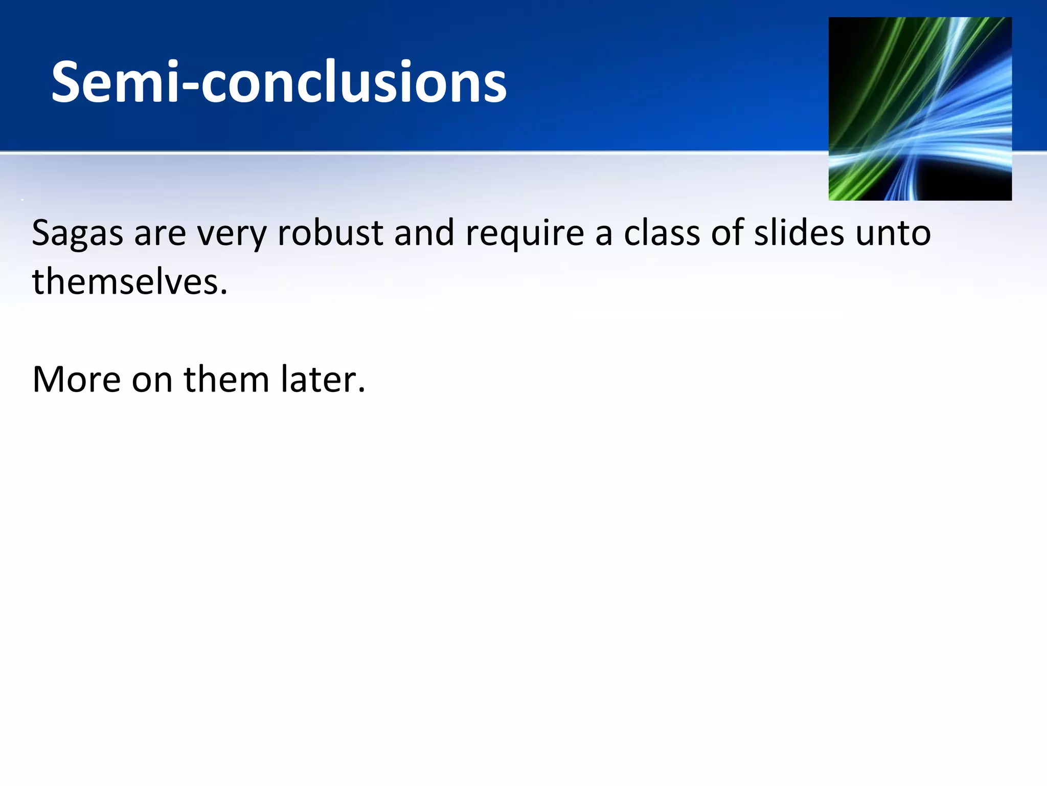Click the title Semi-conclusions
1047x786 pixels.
tap(279, 82)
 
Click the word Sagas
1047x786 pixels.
tap(77, 234)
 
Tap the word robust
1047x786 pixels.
tap(330, 233)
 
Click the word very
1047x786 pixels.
tap(232, 234)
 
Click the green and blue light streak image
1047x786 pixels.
tap(920, 108)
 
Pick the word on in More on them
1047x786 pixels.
tap(152, 380)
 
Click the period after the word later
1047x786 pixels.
tap(362, 390)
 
